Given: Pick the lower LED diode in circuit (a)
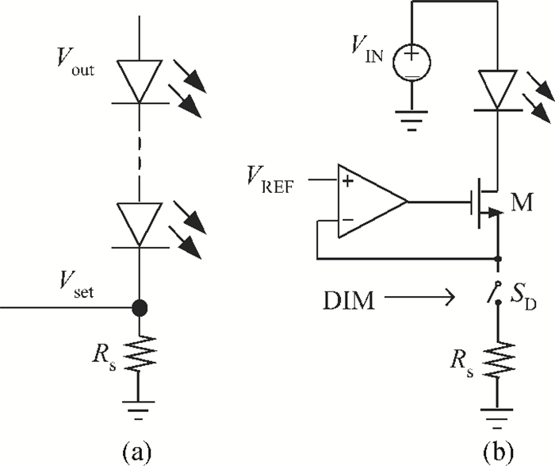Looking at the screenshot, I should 140,224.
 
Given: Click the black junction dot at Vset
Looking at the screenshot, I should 140,305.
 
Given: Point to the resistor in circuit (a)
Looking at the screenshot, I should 140,352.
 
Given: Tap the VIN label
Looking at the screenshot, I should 367,55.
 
